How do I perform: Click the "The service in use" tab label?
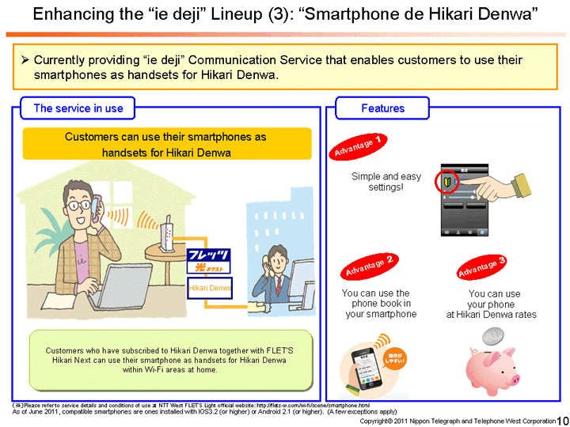77,108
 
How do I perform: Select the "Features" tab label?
382,108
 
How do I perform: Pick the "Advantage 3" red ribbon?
482,266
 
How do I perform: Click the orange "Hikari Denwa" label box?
210,289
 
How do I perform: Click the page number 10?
563,420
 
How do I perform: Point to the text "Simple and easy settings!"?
386,182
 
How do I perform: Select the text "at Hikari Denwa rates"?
491,315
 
